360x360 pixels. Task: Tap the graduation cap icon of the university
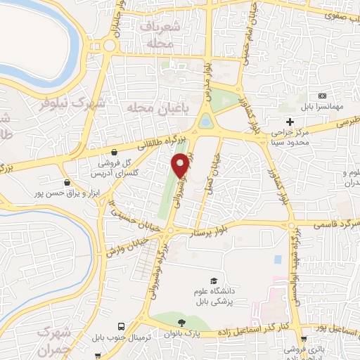coord(213,280)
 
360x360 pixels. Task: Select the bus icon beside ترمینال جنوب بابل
coord(122,327)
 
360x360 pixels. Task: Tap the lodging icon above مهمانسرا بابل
coord(323,96)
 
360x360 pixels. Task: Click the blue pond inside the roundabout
coord(205,122)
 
